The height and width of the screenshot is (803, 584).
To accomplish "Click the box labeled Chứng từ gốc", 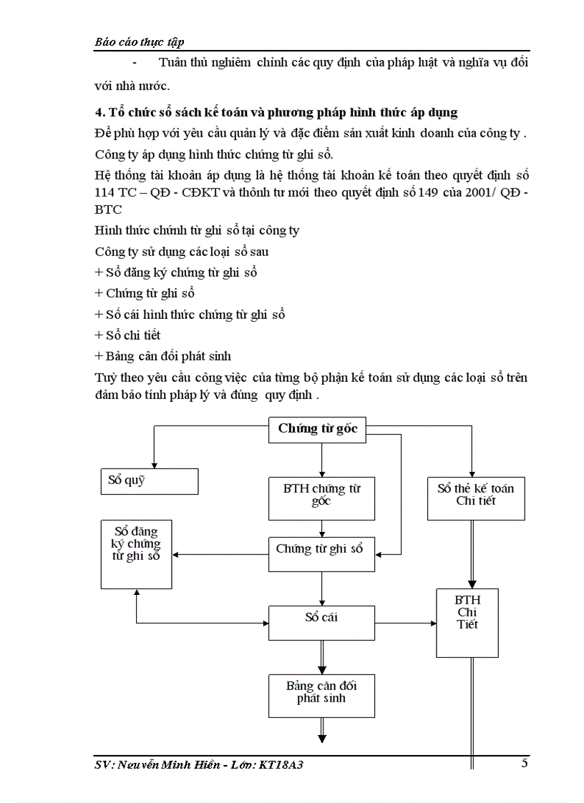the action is pos(317,429).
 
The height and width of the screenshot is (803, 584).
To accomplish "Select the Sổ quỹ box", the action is pos(148,481).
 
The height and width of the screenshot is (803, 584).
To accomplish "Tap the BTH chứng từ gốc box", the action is pos(321,498).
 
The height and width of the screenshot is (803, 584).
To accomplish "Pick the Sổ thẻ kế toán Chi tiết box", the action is pos(475,498).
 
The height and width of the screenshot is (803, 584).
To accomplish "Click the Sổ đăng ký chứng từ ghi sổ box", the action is pos(136,553).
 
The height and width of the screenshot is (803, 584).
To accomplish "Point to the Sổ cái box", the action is pos(321,622).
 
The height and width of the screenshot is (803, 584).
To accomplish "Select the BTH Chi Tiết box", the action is pos(467,622).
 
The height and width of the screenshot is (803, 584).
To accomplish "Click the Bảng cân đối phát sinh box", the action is pos(321,695).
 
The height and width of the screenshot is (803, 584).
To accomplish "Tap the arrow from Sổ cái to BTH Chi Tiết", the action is pos(405,622).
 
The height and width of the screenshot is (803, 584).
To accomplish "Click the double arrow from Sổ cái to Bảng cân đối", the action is pos(322,656).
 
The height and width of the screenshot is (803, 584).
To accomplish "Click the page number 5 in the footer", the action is pos(525,763).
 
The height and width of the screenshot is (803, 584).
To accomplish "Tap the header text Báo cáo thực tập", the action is pos(140,41).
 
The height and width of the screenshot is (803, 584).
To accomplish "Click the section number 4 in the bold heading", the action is pos(98,113).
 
